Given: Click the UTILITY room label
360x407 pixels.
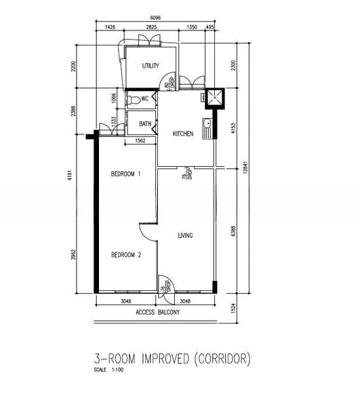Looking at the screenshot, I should pyautogui.click(x=151, y=66).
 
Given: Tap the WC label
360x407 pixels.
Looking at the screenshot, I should pyautogui.click(x=145, y=99).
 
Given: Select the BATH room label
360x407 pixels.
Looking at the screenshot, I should pyautogui.click(x=145, y=124).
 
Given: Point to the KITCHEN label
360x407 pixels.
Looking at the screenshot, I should pyautogui.click(x=183, y=134).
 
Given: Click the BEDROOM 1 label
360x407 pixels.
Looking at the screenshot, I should pyautogui.click(x=125, y=174).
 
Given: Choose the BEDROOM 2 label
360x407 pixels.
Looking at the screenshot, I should pyautogui.click(x=125, y=254).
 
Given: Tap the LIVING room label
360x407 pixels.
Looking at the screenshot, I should pyautogui.click(x=185, y=236).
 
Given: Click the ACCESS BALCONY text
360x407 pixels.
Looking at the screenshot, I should pyautogui.click(x=157, y=312).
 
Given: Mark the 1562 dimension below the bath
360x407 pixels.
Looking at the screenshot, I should pyautogui.click(x=141, y=141).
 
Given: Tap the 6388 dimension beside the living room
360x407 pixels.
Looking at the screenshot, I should pyautogui.click(x=233, y=230).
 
